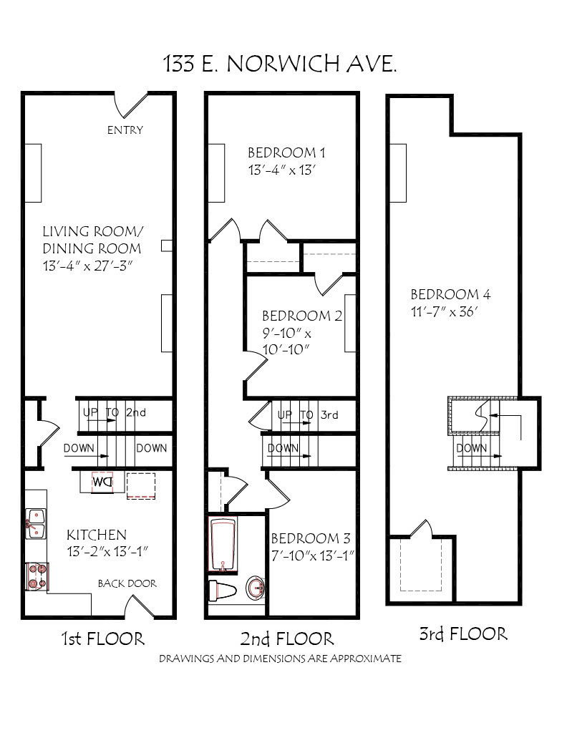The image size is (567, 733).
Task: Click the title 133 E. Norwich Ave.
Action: tap(280, 64)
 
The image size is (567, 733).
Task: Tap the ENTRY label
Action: tap(125, 130)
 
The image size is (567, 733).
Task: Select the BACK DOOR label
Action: tap(127, 583)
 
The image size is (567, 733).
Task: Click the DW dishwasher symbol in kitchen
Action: tap(102, 482)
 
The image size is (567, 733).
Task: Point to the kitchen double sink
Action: tap(36, 523)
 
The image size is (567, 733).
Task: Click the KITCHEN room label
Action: tap(97, 535)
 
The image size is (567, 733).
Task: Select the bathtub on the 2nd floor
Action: tap(223, 544)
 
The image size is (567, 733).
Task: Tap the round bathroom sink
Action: tap(255, 587)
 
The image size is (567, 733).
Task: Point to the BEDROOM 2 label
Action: tap(302, 316)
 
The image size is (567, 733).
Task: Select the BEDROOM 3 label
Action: tap(311, 538)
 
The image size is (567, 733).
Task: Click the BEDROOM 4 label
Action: tap(450, 294)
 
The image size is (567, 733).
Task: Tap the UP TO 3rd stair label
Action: tap(308, 415)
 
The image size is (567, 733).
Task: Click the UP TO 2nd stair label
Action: tap(115, 412)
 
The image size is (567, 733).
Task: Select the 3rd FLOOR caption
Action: tap(463, 634)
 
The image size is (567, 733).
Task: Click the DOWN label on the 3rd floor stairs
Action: tap(472, 448)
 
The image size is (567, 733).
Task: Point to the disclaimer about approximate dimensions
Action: tap(280, 659)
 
